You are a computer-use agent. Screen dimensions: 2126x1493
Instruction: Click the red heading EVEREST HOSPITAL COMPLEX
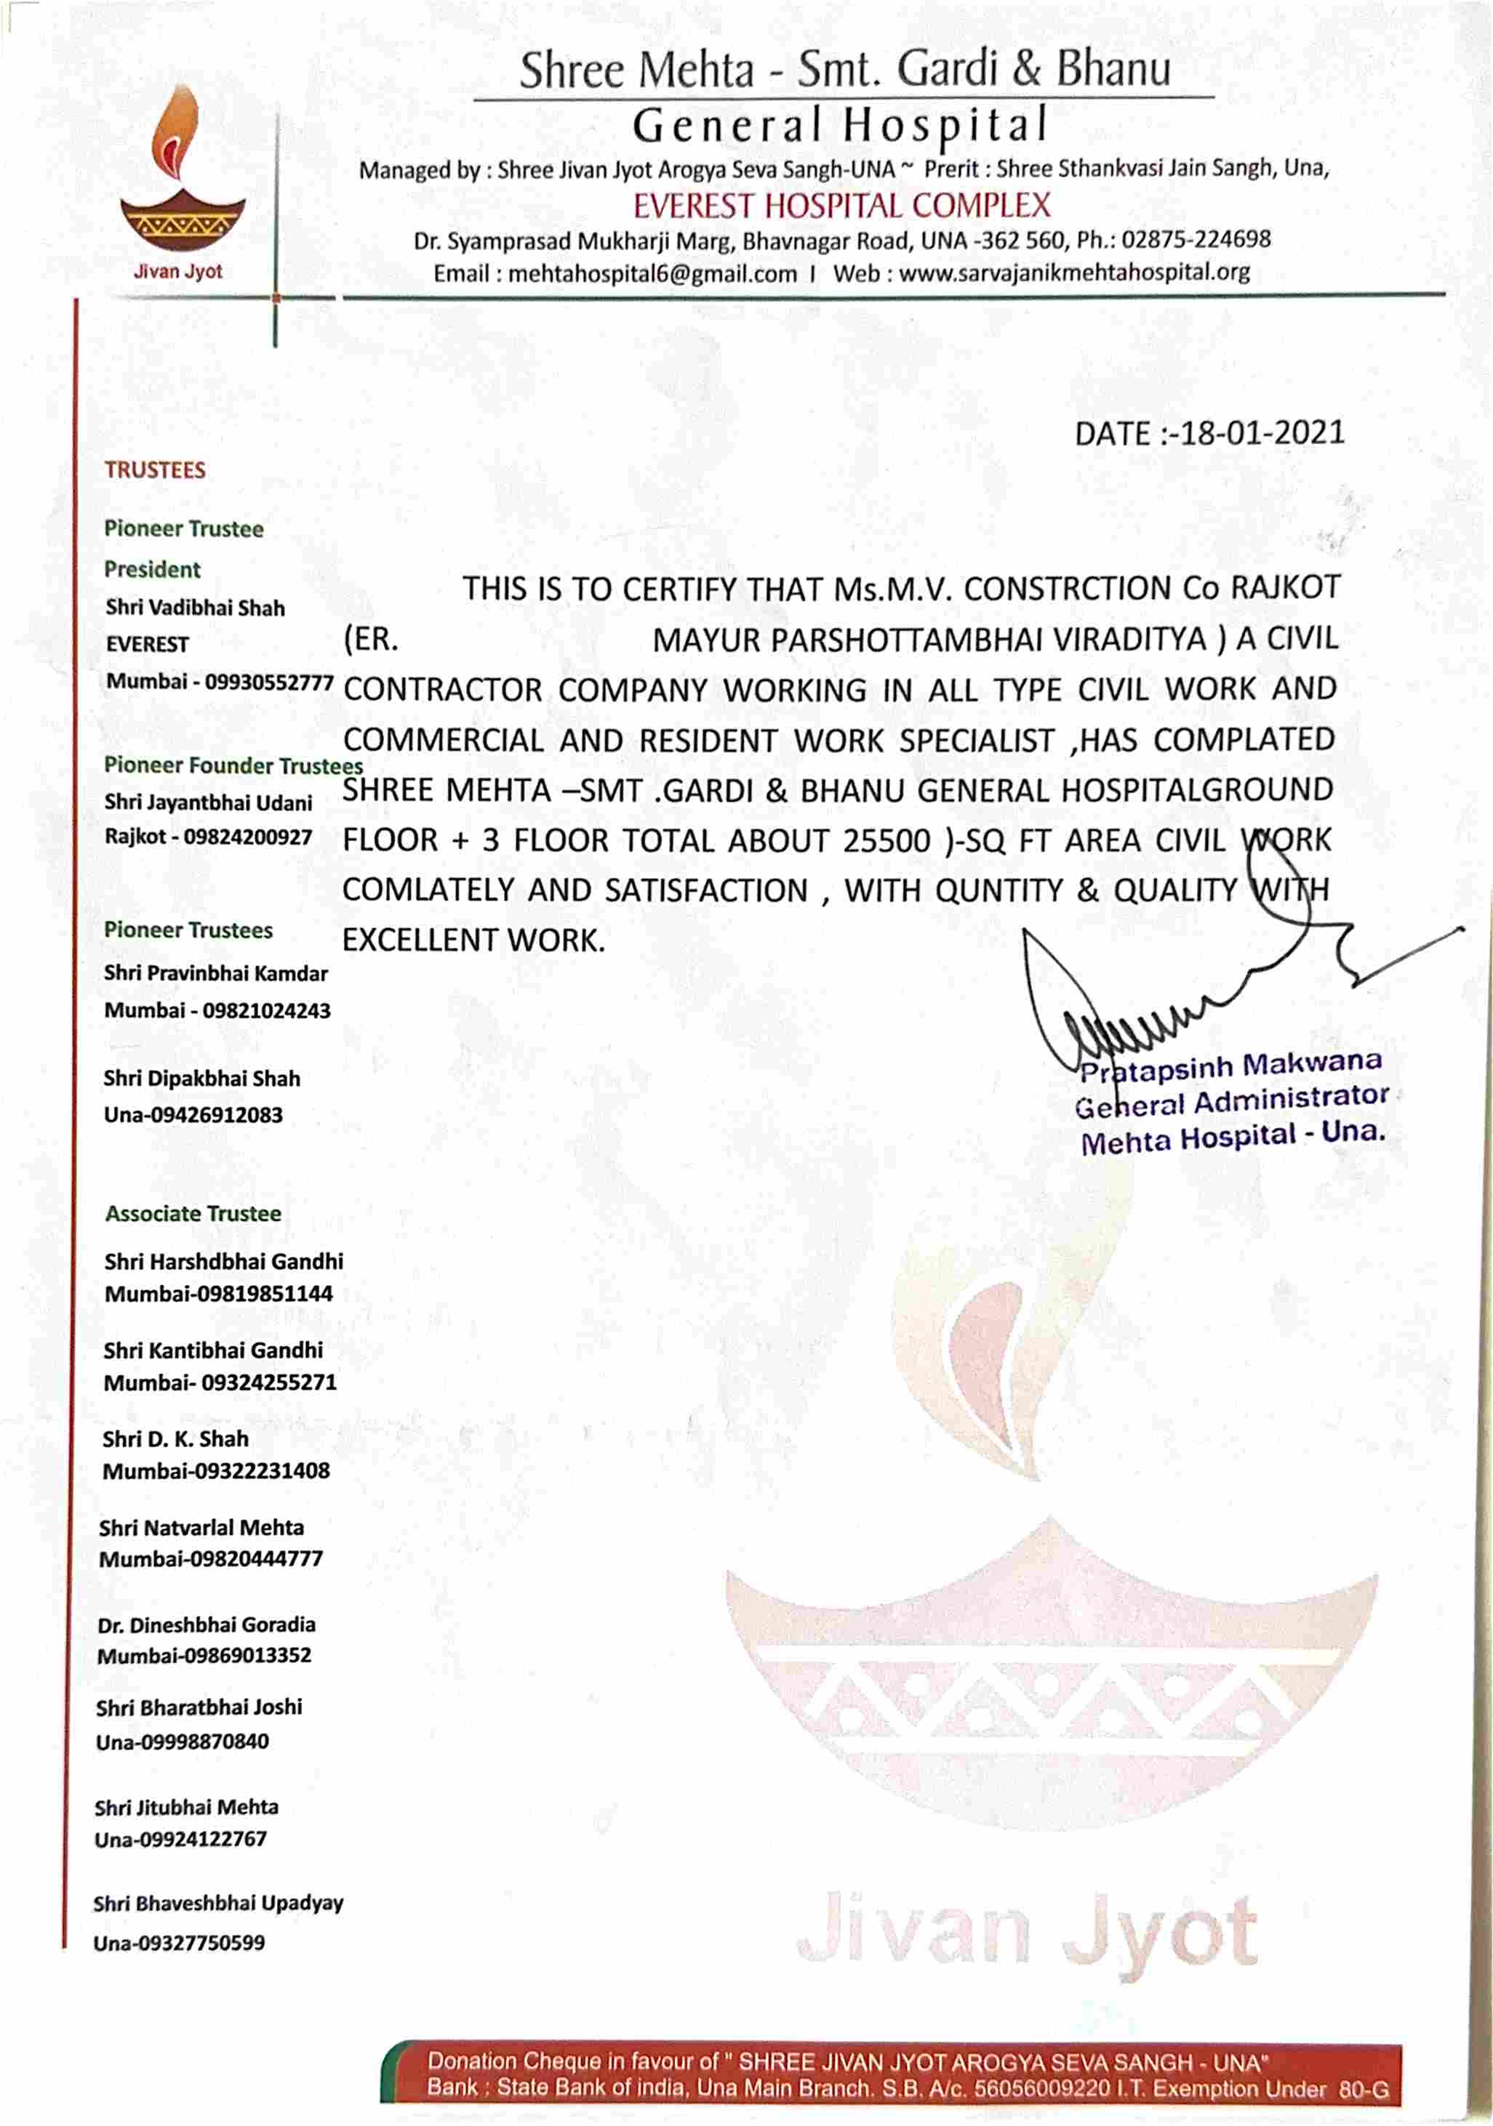coord(841,206)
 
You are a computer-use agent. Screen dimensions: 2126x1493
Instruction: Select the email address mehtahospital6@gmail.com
coord(652,274)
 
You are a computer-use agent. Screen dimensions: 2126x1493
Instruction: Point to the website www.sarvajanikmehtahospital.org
coord(1073,273)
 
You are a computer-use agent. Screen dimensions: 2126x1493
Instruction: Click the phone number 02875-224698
coord(1196,240)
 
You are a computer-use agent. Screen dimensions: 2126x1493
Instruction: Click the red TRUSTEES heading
coord(155,470)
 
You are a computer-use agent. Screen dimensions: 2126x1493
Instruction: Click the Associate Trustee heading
coord(193,1214)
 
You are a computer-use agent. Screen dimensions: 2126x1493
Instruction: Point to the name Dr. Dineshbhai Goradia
coord(206,1625)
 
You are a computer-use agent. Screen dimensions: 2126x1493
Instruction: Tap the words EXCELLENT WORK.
coord(473,941)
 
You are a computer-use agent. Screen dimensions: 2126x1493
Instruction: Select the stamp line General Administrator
coord(1231,1102)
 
